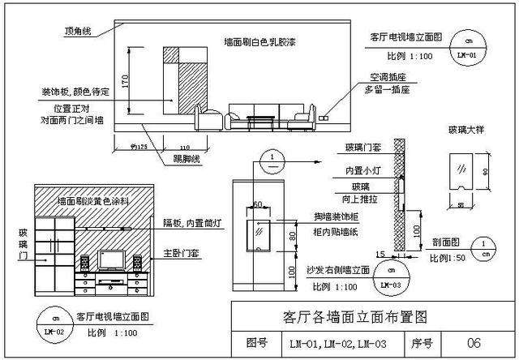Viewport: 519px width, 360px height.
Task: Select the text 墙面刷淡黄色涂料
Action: [95, 199]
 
